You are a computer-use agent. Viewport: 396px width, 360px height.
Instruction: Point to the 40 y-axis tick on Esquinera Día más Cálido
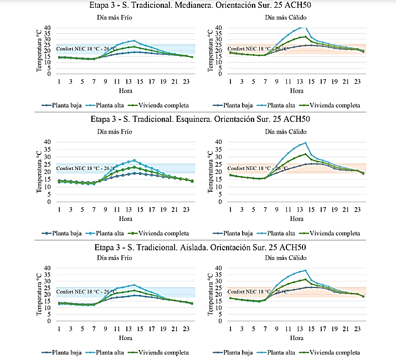click(x=217, y=142)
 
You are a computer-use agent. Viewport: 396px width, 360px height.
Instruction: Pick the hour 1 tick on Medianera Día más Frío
click(x=59, y=81)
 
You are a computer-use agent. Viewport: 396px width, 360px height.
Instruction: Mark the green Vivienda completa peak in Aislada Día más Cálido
click(x=304, y=279)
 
